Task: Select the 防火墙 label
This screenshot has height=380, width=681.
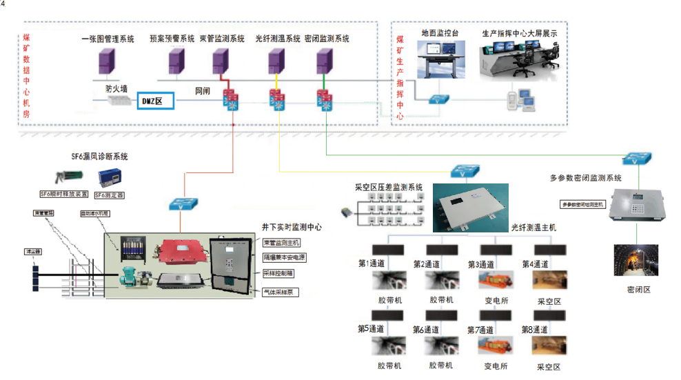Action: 116,89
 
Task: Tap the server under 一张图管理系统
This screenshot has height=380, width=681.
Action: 106,61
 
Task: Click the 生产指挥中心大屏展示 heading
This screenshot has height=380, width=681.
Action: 519,33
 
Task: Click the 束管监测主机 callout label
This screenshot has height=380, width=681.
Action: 282,243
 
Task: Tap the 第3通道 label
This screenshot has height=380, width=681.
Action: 481,264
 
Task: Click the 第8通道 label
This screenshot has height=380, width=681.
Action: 535,329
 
